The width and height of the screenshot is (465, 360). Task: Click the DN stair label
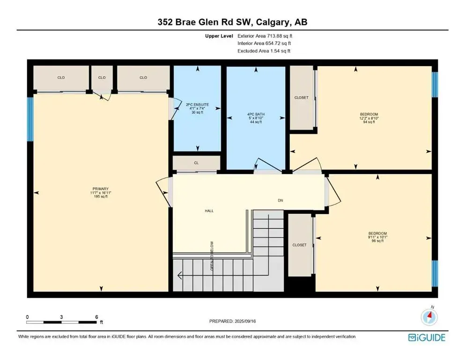tap(280, 200)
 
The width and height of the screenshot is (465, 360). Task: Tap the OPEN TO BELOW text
tap(211, 255)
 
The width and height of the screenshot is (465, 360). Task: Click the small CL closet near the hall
tap(196, 164)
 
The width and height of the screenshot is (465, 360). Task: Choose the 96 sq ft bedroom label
tap(377, 237)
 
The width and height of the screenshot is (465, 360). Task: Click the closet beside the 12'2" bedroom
tap(301, 97)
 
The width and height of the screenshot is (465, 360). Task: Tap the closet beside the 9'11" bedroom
tap(299, 245)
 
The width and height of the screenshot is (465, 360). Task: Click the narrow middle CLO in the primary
tap(102, 77)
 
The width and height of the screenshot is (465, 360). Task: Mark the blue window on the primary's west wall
tap(30, 119)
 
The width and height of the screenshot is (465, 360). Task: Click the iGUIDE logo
tap(426, 337)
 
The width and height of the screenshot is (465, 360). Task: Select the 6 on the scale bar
tap(96, 317)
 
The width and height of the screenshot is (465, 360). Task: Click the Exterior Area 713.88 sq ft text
tap(266, 35)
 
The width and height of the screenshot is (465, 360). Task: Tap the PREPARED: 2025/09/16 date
tap(232, 321)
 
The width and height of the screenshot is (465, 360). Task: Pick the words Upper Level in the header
tap(219, 35)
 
